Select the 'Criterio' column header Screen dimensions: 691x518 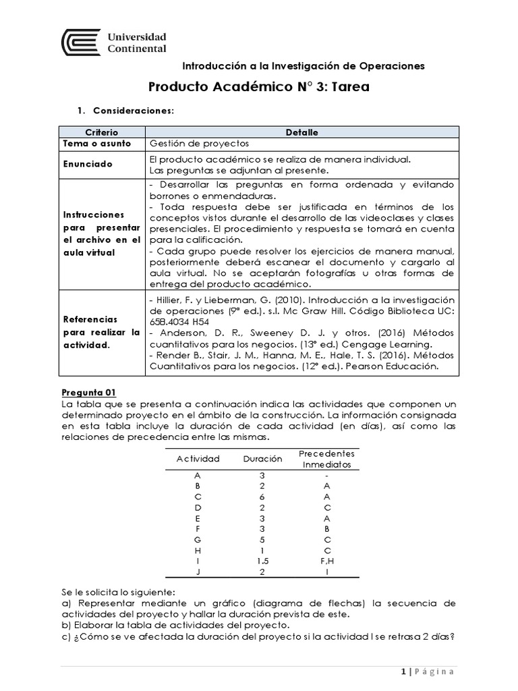click(x=102, y=132)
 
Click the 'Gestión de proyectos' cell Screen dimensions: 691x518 click(x=199, y=144)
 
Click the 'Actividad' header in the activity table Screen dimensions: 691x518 click(x=198, y=459)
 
